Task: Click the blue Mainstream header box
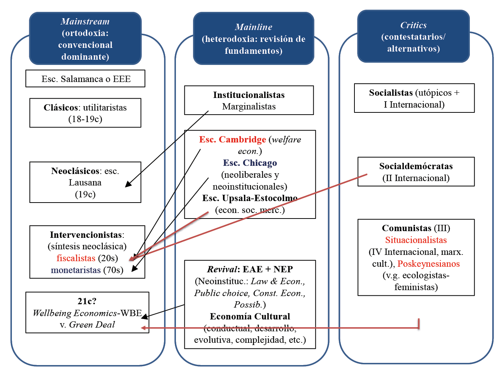85,39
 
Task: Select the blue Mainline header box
253,39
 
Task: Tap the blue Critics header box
413,36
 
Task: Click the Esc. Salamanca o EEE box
85,79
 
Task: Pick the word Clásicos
61,108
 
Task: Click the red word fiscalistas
76,258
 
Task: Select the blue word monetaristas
76,270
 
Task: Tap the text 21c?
87,301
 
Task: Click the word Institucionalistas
249,95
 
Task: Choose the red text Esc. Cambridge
232,139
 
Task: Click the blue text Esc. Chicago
250,163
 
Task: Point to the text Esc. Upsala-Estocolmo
250,198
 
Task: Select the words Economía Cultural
250,316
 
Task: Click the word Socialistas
391,93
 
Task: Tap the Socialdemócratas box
416,172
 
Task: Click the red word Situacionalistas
416,240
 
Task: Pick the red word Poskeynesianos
428,264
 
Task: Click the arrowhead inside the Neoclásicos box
128,184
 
